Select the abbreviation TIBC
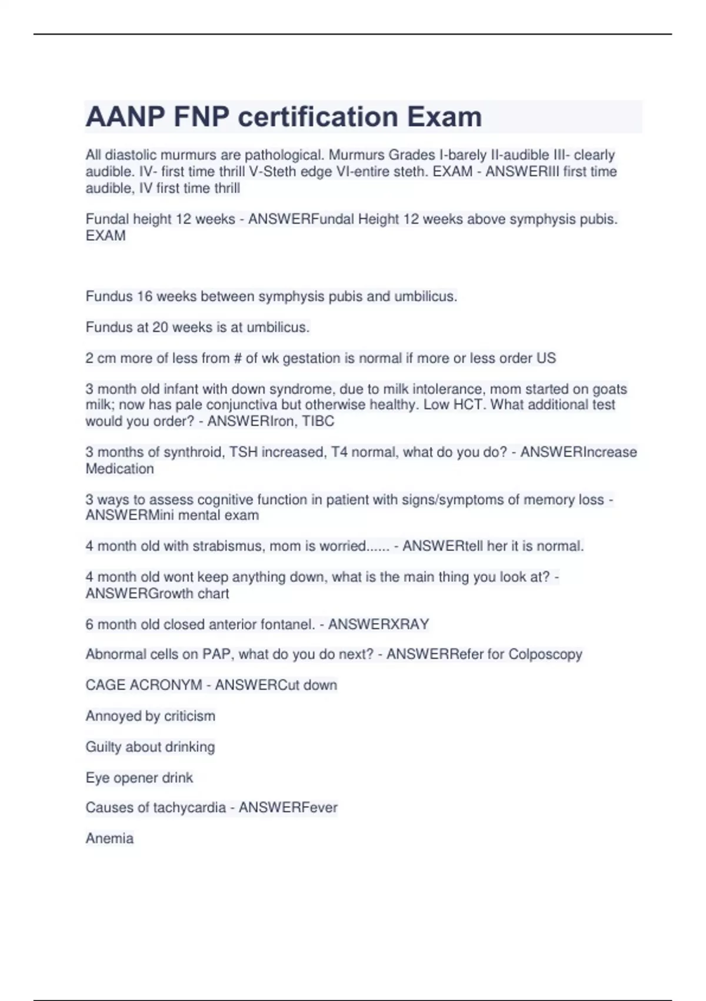(x=318, y=421)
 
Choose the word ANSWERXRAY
(x=378, y=624)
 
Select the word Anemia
(x=109, y=838)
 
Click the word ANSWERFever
(x=288, y=807)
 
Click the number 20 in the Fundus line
(x=161, y=327)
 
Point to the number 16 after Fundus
(x=145, y=296)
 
